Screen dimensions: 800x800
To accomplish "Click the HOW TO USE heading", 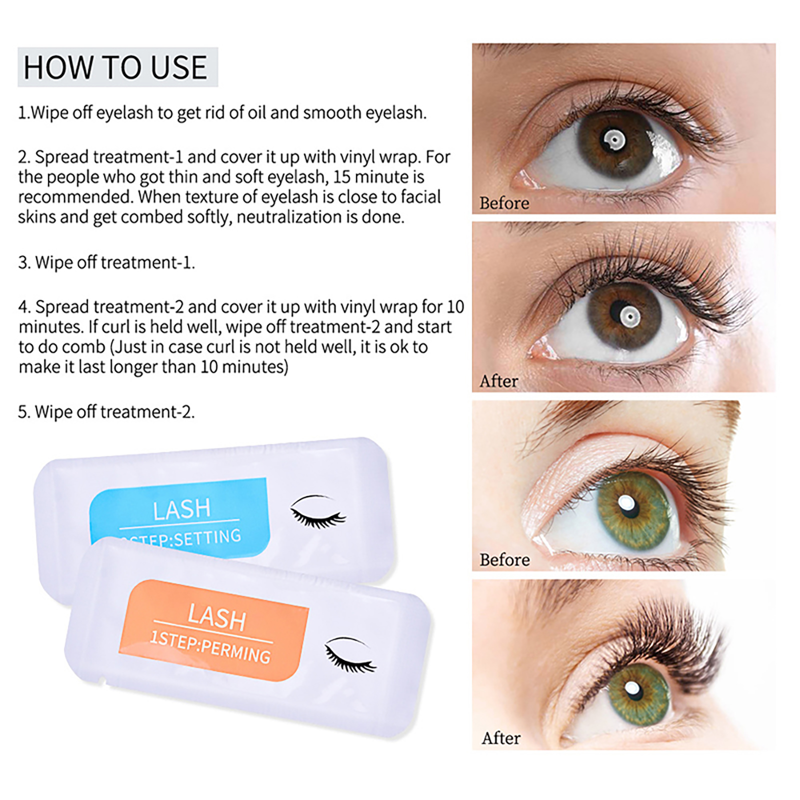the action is pos(115,67).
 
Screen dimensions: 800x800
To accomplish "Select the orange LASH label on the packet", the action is pos(213,630).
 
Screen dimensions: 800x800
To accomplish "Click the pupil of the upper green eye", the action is pos(627,504).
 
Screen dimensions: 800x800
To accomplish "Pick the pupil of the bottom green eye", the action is pos(633,689).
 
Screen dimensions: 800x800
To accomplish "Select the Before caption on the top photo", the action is pos(504,203).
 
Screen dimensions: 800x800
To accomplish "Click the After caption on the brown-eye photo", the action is pos(498,381).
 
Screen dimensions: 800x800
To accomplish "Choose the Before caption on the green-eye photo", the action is pos(504,559).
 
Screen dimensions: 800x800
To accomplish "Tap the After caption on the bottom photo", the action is pos(501,738).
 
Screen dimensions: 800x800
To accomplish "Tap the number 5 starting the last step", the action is pos(22,412).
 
